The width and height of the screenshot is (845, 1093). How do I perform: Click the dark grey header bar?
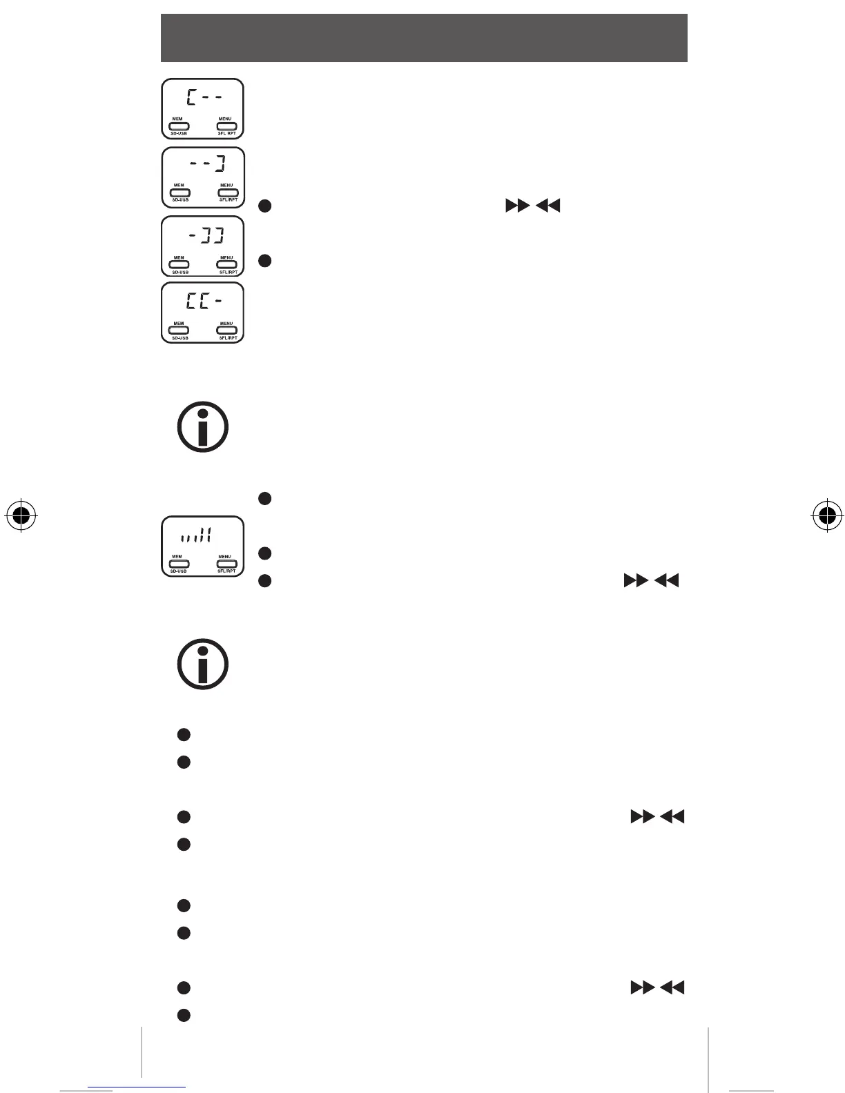click(424, 38)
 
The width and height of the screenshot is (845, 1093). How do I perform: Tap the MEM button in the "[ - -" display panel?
click(179, 126)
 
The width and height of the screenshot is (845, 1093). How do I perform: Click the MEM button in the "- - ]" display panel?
click(179, 193)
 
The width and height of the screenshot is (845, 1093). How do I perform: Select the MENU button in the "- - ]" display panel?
click(227, 193)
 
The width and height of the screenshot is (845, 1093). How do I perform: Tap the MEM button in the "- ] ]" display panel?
click(179, 265)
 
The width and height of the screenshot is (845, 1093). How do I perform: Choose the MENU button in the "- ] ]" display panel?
click(227, 265)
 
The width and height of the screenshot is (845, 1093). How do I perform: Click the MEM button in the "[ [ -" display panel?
click(179, 330)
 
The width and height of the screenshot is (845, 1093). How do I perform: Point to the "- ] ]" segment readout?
click(206, 237)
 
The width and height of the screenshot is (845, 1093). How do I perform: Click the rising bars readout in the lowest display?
click(195, 535)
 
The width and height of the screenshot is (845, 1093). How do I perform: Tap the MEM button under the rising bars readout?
click(179, 564)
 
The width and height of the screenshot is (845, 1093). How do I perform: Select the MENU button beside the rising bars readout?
click(226, 564)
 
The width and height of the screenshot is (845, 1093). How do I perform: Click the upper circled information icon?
click(203, 427)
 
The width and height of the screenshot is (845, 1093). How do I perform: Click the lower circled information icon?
click(203, 664)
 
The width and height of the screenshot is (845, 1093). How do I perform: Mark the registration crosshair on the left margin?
click(21, 514)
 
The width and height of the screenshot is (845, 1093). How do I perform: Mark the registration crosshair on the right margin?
click(825, 514)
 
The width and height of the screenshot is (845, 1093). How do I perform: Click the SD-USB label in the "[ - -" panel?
click(179, 134)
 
